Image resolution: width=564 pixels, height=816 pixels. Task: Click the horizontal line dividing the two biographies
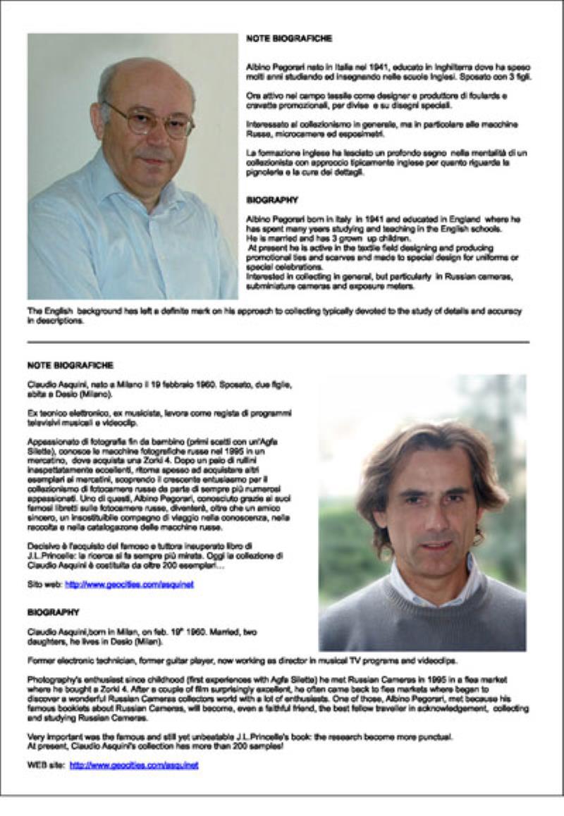(x=278, y=342)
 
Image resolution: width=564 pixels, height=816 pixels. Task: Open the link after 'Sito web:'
(x=129, y=584)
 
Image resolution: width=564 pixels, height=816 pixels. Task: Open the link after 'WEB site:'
(x=134, y=765)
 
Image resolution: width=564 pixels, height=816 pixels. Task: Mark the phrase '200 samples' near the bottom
(x=258, y=746)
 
